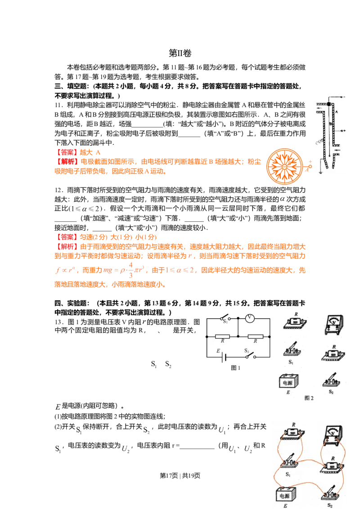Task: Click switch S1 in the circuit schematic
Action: pos(225,317)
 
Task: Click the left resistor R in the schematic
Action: pos(223,336)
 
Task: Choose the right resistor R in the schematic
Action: pos(255,336)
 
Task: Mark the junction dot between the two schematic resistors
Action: pos(238,336)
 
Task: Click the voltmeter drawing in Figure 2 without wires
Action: pos(334,325)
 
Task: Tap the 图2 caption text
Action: pos(309,397)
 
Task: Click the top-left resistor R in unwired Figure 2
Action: pos(295,322)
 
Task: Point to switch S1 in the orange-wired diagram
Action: pos(290,459)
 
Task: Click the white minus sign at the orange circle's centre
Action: pos(284,166)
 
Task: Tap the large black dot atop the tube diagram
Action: pos(329,104)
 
